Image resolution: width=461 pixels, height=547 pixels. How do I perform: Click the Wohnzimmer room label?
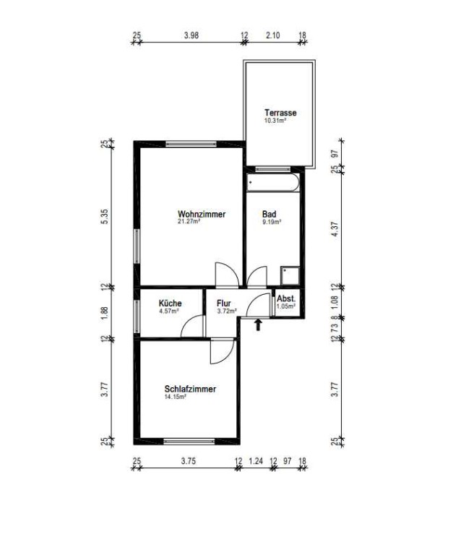(202, 214)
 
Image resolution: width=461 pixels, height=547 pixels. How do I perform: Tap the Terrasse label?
(280, 113)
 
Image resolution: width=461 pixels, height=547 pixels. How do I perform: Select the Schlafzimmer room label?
(190, 389)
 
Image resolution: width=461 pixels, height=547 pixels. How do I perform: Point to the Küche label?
(170, 303)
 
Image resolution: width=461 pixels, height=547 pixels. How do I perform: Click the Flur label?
(223, 303)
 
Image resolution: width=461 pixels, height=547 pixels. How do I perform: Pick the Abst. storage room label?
(286, 299)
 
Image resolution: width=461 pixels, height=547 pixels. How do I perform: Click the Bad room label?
(270, 214)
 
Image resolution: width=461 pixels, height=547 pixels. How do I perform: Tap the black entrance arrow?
(258, 324)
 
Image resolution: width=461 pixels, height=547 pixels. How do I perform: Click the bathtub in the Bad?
(273, 182)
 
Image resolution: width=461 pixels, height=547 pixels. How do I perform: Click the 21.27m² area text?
(189, 221)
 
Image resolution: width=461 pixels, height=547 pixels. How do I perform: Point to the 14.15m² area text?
(175, 396)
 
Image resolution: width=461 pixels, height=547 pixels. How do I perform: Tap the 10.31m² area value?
(275, 121)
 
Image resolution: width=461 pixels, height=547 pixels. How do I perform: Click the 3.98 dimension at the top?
(191, 35)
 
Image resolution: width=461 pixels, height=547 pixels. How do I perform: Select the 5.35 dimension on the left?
(105, 216)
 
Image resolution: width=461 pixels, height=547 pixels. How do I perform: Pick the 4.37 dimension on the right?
(335, 229)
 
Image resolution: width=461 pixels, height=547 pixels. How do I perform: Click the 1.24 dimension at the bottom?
(256, 461)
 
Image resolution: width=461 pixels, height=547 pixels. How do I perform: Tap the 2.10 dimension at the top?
(272, 35)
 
